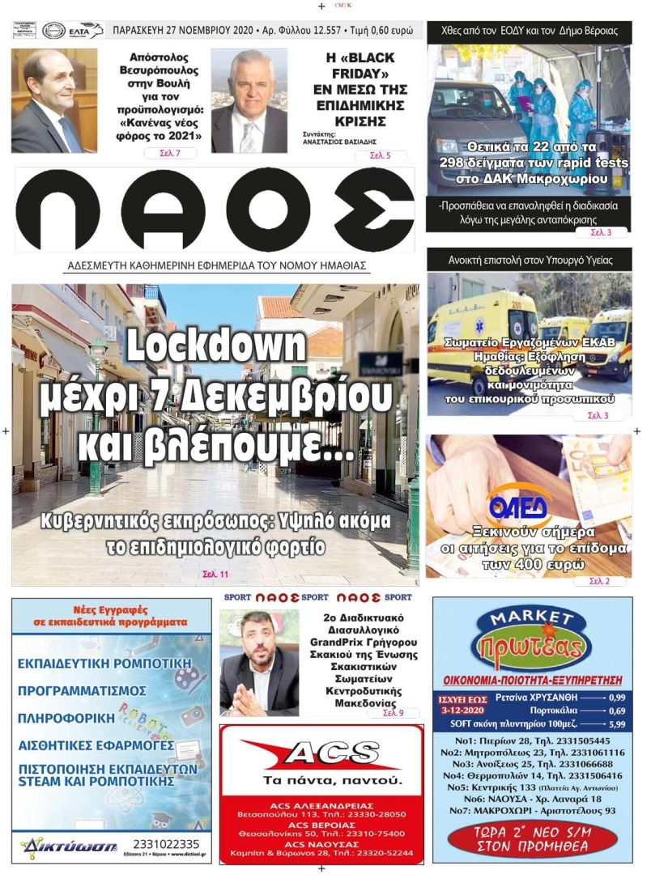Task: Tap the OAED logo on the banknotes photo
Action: [x=518, y=507]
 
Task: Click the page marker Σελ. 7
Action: [x=169, y=153]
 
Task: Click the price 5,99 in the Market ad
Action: [x=617, y=724]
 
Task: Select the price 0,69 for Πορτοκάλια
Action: [x=617, y=711]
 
